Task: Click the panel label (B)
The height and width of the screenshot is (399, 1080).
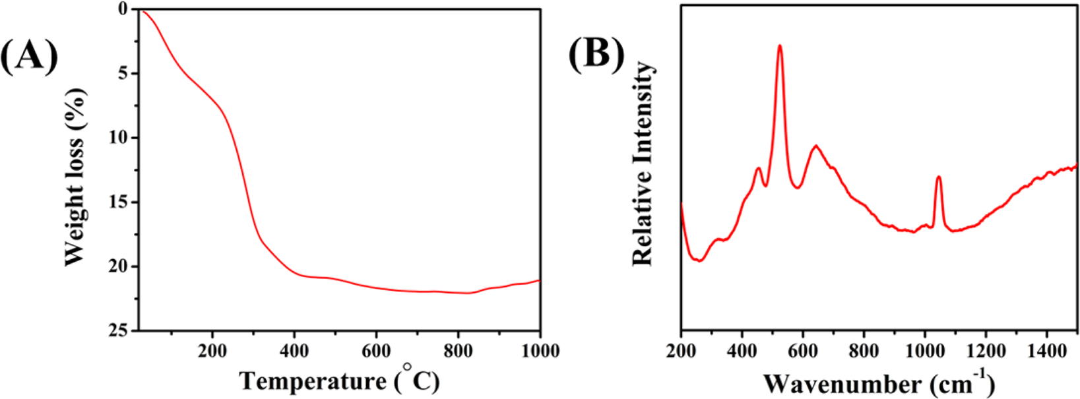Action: (x=596, y=53)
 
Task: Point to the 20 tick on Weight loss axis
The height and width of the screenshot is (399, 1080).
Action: (x=121, y=266)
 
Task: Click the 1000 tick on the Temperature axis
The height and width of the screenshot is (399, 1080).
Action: (x=540, y=350)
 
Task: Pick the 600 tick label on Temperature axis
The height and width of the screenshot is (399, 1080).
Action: (x=376, y=350)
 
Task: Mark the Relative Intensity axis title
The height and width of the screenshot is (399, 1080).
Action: (x=642, y=164)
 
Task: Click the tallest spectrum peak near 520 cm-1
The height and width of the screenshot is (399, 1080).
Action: (x=780, y=46)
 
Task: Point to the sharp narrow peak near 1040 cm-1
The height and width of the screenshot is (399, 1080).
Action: (x=938, y=177)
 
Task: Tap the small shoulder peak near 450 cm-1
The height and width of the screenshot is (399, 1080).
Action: (x=758, y=168)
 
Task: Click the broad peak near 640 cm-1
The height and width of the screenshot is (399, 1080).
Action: (x=816, y=146)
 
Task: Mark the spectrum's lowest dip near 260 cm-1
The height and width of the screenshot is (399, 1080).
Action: (x=699, y=261)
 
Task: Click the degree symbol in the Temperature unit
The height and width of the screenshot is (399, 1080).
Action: (x=407, y=367)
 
